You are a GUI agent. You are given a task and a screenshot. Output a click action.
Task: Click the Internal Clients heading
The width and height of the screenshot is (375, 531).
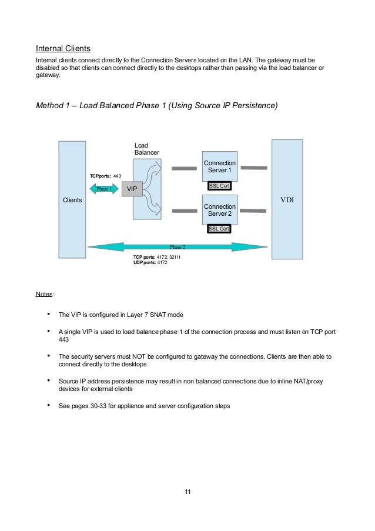pos(63,48)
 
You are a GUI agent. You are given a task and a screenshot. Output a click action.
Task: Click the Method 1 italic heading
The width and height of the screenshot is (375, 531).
pos(157,106)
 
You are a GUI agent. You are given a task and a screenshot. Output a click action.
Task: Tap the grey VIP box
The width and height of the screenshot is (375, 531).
pos(132,189)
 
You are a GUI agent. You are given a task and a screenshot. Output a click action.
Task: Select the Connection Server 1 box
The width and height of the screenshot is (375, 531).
pos(219,166)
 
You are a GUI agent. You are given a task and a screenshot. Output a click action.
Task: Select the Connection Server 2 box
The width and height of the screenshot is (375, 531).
pos(219,210)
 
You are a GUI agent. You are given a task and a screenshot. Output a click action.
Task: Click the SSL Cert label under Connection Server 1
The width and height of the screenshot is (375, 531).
pos(219,186)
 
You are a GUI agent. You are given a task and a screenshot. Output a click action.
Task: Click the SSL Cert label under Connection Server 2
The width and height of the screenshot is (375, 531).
pos(219,229)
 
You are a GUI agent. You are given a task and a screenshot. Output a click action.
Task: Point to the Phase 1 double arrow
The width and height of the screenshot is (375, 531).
pos(104,189)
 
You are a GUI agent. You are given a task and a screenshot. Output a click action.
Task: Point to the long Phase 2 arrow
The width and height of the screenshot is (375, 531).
pos(177,247)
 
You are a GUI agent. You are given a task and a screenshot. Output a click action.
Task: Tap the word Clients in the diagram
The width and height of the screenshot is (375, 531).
pos(72,201)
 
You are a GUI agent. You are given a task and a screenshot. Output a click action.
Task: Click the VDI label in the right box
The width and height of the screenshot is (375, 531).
pos(287,199)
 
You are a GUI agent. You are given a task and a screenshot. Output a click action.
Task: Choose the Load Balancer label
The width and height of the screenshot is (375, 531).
pos(146,149)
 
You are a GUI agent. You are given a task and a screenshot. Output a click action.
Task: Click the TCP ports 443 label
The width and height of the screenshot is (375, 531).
pos(105,176)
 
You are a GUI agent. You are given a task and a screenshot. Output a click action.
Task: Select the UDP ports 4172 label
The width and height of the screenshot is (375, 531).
pos(150,262)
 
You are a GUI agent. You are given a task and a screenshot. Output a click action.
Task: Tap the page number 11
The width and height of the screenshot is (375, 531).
pos(187,492)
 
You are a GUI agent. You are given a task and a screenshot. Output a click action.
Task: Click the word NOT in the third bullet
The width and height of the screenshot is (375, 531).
pos(143,356)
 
